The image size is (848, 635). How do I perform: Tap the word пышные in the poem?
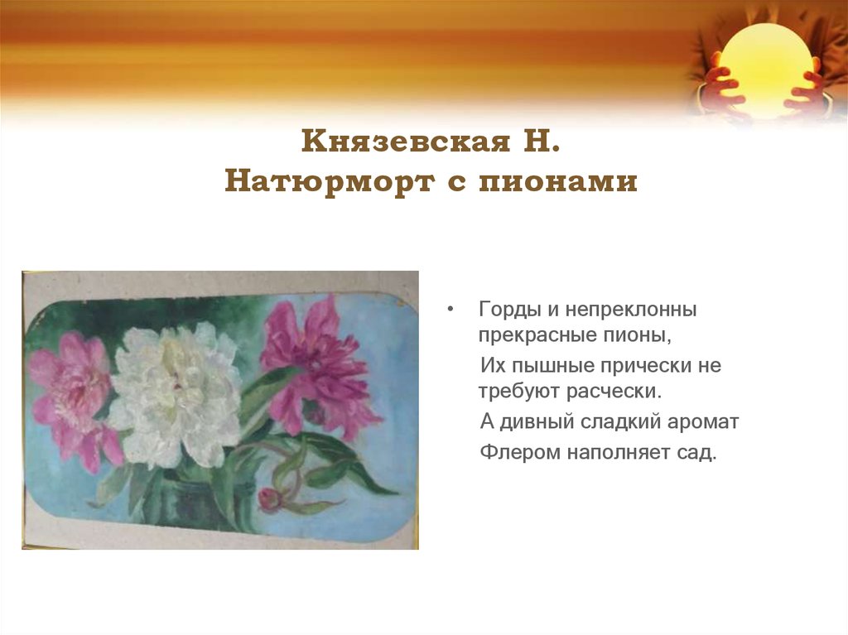point(553,364)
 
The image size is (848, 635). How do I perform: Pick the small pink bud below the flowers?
point(269,499)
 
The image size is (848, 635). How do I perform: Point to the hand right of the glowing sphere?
point(807,91)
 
